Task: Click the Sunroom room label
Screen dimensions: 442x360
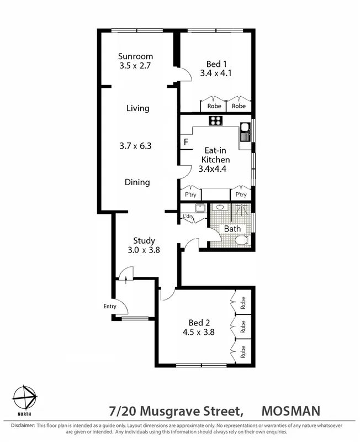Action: click(x=135, y=56)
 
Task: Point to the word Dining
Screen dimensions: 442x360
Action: click(x=137, y=182)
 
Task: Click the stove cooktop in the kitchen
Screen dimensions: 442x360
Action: click(x=215, y=121)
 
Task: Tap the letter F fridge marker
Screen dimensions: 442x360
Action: click(x=185, y=143)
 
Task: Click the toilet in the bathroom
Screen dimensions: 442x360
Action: click(x=240, y=240)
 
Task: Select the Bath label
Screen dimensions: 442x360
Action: click(x=232, y=228)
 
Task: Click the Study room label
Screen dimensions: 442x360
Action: click(x=144, y=241)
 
